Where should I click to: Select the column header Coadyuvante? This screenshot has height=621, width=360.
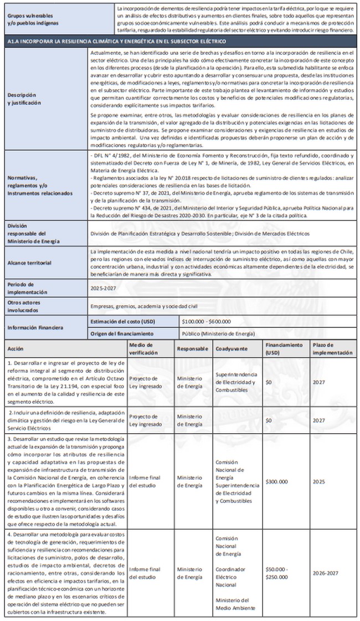click(232, 349)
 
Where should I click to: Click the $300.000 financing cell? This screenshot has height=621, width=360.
click(276, 481)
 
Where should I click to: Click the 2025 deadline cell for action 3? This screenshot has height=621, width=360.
click(319, 481)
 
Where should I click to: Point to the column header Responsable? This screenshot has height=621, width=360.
click(192, 349)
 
